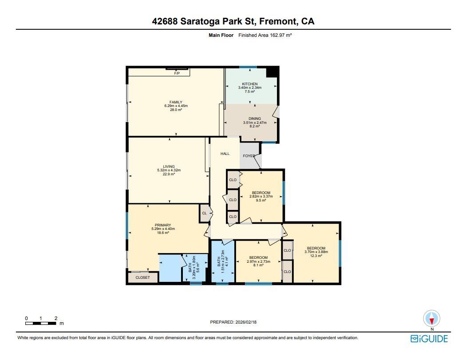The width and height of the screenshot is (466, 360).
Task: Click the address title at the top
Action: (x=233, y=21)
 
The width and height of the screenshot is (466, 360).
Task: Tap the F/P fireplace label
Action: (x=177, y=73)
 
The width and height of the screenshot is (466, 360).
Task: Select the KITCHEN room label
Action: (x=249, y=84)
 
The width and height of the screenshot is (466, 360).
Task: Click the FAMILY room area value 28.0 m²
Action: (x=176, y=110)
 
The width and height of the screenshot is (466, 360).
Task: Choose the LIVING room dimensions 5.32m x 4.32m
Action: (x=169, y=170)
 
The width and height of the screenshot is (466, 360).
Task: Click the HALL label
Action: (x=225, y=154)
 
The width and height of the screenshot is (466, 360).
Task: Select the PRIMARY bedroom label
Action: (x=163, y=225)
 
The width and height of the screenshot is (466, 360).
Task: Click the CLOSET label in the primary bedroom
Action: (x=142, y=277)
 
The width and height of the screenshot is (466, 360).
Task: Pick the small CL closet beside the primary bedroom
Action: (x=204, y=213)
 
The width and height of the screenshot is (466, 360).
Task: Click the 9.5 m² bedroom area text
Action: (x=261, y=200)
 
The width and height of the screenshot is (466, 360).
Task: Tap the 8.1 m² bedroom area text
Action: (x=258, y=265)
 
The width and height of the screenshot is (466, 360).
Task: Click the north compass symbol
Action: (x=431, y=319)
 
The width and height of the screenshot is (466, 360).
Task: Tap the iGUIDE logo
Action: (x=429, y=339)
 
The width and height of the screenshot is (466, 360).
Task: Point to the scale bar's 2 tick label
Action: (x=56, y=318)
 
